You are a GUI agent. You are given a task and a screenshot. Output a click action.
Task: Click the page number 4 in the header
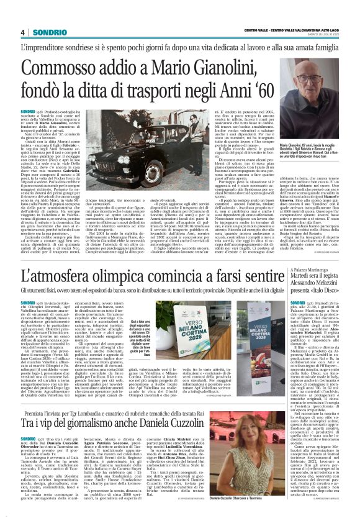point(22,32)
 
